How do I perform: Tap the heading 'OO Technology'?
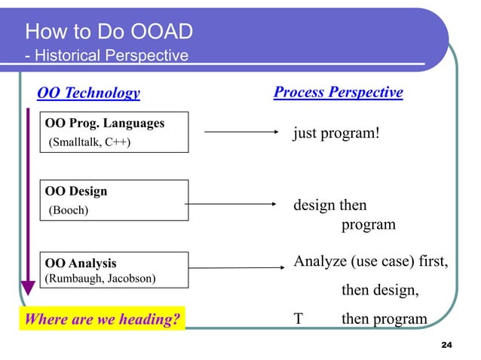(89, 93)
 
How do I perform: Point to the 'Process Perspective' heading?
(338, 92)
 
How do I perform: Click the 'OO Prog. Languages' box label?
(105, 123)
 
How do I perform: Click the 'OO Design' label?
(76, 191)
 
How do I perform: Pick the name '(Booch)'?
(69, 210)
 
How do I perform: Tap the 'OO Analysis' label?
(81, 264)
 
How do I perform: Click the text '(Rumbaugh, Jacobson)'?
(100, 278)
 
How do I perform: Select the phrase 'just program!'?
(335, 133)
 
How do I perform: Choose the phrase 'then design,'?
(381, 291)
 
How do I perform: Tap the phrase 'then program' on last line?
(384, 319)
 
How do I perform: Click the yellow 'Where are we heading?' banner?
(103, 319)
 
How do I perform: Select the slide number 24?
(445, 344)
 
